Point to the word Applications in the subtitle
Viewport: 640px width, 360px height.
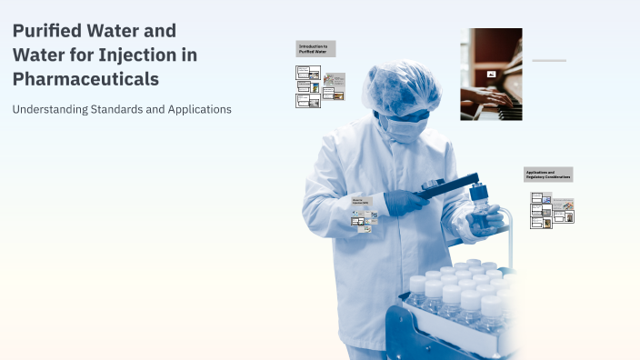(198, 109)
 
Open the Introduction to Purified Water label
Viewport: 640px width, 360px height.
(315, 48)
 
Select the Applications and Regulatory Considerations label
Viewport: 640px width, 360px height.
(547, 174)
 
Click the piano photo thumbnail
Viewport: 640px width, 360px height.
(491, 74)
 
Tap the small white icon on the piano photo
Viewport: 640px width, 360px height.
(491, 74)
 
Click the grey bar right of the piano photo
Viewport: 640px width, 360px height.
(549, 61)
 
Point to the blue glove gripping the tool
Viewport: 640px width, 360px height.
(405, 200)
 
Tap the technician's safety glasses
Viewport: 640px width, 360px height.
(410, 114)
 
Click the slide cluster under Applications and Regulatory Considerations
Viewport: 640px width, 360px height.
(552, 209)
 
